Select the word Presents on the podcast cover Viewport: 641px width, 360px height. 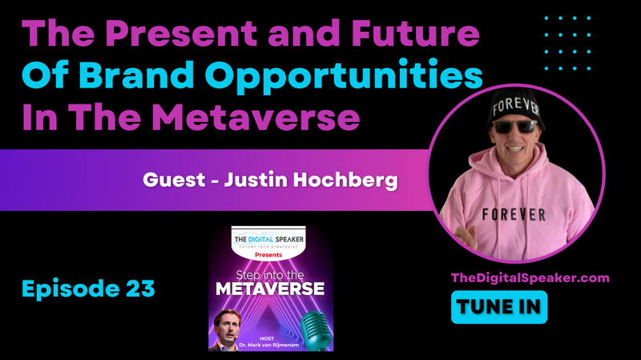pos(272,256)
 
